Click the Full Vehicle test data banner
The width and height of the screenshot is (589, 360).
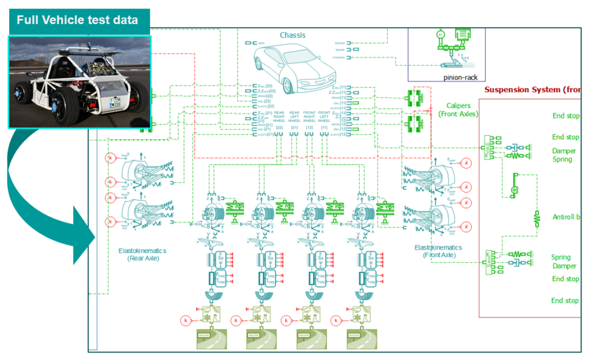(x=77, y=20)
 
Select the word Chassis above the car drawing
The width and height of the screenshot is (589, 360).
(x=293, y=35)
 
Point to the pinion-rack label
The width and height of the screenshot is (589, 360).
(x=460, y=76)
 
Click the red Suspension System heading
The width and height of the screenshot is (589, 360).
(x=531, y=90)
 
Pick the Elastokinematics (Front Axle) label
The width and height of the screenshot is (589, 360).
(x=438, y=251)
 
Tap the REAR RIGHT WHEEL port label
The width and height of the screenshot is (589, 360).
(x=280, y=117)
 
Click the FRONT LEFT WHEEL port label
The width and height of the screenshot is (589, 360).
(x=324, y=117)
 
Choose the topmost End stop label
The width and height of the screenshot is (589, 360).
(x=565, y=116)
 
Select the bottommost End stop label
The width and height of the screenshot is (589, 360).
(x=565, y=301)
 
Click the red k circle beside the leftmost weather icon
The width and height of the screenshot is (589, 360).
(x=185, y=319)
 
